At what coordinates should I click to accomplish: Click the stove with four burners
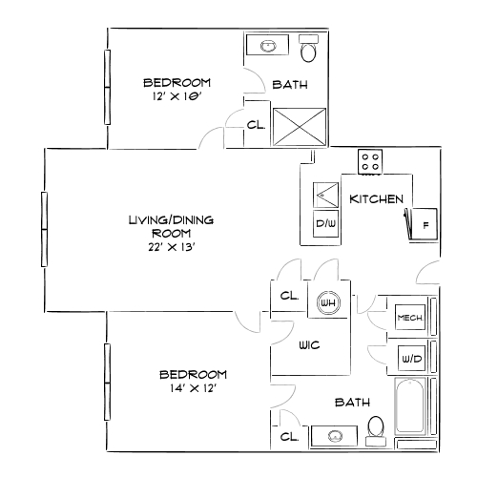(370, 161)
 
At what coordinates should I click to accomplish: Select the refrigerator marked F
(424, 225)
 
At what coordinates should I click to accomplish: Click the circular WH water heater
(328, 303)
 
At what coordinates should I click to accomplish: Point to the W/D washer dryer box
(410, 359)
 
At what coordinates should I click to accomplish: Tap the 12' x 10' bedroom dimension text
(176, 97)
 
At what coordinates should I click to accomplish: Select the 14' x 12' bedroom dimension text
(193, 388)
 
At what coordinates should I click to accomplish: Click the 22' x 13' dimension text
(172, 245)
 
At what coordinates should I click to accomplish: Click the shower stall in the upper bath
(294, 126)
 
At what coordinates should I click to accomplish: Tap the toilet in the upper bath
(309, 48)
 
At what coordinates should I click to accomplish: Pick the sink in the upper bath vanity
(268, 45)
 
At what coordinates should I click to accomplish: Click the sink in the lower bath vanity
(335, 437)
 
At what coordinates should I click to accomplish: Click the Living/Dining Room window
(44, 229)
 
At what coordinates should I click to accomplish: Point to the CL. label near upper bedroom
(256, 124)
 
